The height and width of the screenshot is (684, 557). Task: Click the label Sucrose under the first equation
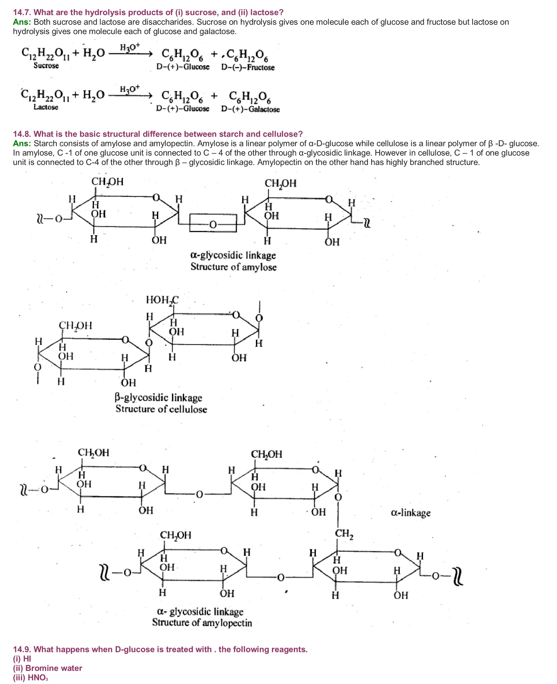click(46, 66)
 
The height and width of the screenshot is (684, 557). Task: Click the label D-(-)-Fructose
click(248, 67)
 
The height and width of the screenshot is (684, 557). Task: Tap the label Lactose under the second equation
click(46, 107)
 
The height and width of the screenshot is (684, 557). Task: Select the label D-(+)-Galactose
click(250, 109)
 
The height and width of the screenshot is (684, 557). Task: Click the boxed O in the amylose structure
click(213, 224)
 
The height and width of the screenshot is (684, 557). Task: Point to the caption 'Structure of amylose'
click(233, 267)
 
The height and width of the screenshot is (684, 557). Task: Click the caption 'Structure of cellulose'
click(161, 409)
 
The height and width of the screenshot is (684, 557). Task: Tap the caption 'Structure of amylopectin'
click(202, 622)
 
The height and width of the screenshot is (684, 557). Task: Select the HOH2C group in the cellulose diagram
click(162, 300)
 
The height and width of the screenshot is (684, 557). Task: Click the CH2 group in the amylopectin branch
click(344, 534)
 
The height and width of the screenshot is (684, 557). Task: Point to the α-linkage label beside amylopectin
click(411, 513)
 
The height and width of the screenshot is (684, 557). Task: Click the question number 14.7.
click(22, 12)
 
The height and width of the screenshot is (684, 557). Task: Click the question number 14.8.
click(22, 134)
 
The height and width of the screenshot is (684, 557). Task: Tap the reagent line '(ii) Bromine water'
click(48, 668)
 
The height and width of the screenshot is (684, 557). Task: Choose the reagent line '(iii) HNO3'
click(30, 677)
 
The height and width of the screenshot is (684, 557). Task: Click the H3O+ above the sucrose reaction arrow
click(129, 47)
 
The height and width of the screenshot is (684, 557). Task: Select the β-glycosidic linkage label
click(158, 397)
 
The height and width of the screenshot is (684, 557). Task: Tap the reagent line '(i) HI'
click(22, 658)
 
